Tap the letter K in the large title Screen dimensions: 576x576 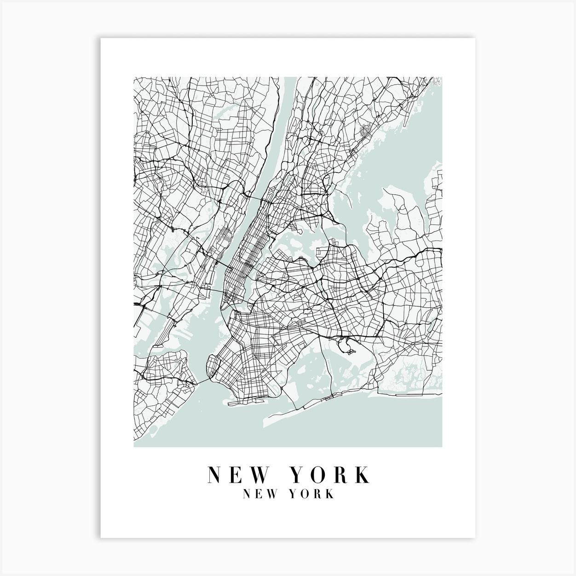pyautogui.click(x=362, y=475)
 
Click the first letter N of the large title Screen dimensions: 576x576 pyautogui.click(x=214, y=475)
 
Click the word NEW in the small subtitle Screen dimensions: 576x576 pyautogui.click(x=258, y=494)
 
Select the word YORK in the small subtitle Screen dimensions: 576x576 pyautogui.click(x=312, y=494)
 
